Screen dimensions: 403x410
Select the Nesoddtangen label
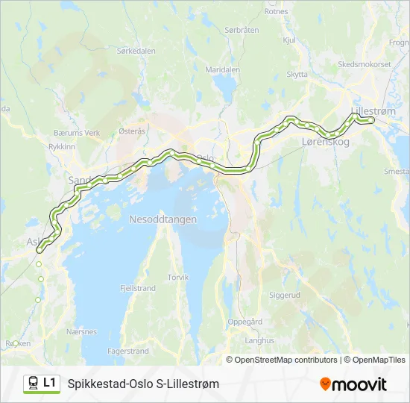pos(163,219)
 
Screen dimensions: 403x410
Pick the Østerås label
pos(132,130)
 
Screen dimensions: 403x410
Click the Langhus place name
pos(259,340)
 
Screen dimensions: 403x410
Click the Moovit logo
pos(353,384)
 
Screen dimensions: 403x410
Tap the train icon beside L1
pos(34,384)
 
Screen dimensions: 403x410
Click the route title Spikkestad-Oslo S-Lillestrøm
pos(143,384)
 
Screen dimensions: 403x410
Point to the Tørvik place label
pos(178,277)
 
